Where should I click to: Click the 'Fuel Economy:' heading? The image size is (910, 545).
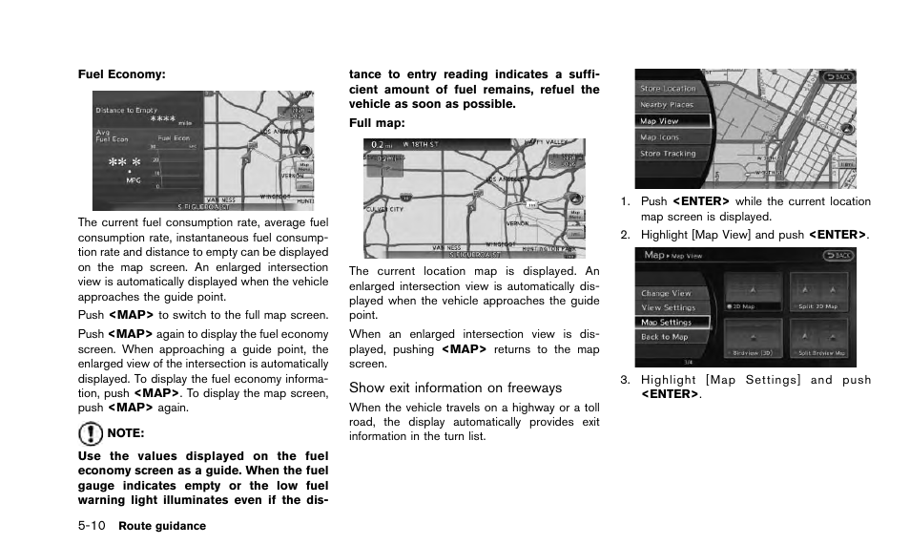(x=121, y=73)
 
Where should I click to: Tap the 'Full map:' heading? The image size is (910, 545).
(x=377, y=123)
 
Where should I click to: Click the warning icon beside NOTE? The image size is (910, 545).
(x=90, y=434)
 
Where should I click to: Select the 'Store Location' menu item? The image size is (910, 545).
(x=668, y=89)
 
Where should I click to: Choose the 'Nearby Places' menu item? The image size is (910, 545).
(x=667, y=105)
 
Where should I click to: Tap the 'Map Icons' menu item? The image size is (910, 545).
(x=660, y=137)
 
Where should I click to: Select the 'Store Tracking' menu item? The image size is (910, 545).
(x=668, y=154)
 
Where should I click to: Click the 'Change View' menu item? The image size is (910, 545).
(x=667, y=293)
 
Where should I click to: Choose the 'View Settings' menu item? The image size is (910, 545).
(x=668, y=307)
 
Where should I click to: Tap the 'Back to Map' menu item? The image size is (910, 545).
(x=665, y=337)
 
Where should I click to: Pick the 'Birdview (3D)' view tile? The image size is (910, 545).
(x=753, y=338)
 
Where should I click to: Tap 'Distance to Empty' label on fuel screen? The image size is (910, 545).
(x=128, y=111)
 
